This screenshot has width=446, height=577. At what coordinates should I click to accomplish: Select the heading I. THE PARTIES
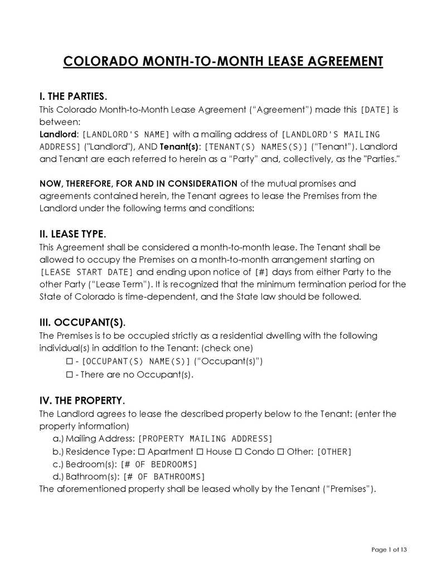[72, 97]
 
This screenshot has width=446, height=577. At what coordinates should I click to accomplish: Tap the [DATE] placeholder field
[376, 110]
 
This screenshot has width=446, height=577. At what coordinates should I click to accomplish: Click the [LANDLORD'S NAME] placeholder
[125, 134]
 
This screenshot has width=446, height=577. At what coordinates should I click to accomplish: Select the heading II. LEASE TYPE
[72, 234]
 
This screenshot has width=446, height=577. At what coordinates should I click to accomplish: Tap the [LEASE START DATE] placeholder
[88, 272]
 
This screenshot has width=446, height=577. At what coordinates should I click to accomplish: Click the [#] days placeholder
[261, 272]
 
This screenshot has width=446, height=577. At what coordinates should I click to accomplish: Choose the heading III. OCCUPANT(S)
[83, 323]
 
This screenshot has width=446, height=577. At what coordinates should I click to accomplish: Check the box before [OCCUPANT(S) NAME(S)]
[70, 361]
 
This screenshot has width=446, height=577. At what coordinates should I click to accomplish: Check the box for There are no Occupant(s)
[70, 374]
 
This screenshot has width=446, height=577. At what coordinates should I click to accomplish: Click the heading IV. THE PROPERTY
[82, 401]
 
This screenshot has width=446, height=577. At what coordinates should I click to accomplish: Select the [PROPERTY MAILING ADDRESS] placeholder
[205, 438]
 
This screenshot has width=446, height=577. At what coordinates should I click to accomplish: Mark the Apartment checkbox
[142, 451]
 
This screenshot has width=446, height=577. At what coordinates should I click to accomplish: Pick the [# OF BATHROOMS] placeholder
[164, 477]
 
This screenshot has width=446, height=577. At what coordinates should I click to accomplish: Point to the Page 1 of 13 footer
[389, 550]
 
